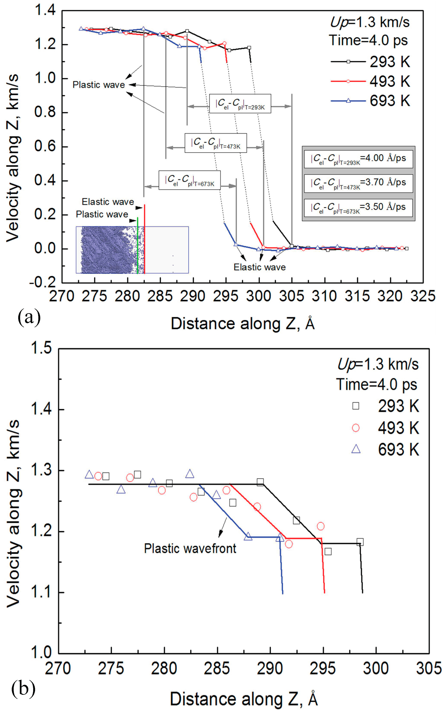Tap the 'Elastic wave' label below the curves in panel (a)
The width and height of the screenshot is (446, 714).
(x=260, y=267)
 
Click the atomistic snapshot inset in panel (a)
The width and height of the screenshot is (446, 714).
(x=132, y=250)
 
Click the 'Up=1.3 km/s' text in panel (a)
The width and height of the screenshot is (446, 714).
(x=370, y=22)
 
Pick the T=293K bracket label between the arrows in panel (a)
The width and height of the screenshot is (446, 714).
(x=240, y=104)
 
